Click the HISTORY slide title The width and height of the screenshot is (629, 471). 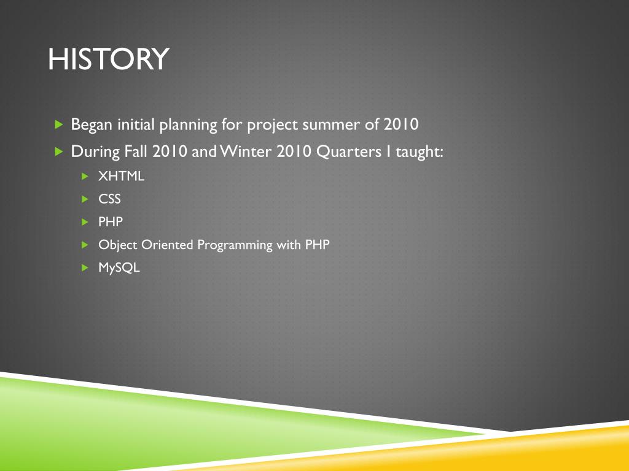(108, 59)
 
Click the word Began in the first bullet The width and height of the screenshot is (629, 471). (91, 125)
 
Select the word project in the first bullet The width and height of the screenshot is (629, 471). (272, 125)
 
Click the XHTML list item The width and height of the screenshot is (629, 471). (121, 176)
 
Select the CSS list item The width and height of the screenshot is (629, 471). (109, 199)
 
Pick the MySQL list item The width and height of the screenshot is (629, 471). (119, 267)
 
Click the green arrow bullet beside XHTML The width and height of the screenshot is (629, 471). (85, 176)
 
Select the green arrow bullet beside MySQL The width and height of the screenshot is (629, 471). (85, 267)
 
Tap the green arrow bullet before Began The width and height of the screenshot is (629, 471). (59, 124)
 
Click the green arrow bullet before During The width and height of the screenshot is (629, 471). (59, 151)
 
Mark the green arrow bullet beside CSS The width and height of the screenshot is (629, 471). (85, 199)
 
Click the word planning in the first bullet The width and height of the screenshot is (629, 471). (189, 125)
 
